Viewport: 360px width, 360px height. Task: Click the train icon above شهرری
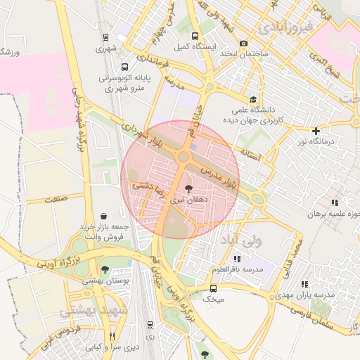point(105,37)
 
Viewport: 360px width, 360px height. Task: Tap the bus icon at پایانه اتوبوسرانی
point(124,67)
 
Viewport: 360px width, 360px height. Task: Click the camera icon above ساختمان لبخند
point(243,43)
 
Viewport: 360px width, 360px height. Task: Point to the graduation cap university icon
point(252,99)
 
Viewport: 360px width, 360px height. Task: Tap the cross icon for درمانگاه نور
point(316,130)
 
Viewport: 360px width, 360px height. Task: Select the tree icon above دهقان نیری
point(188,188)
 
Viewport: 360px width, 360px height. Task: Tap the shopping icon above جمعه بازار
point(104,215)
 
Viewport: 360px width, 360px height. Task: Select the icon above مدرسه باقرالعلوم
point(237,259)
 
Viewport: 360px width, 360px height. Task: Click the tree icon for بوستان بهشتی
point(105,269)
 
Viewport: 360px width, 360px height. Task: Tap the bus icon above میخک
point(213,288)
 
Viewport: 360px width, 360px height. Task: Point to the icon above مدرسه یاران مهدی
point(304,284)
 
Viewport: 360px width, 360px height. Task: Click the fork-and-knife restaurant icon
point(112,336)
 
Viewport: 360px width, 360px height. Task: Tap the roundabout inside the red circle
point(184,156)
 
